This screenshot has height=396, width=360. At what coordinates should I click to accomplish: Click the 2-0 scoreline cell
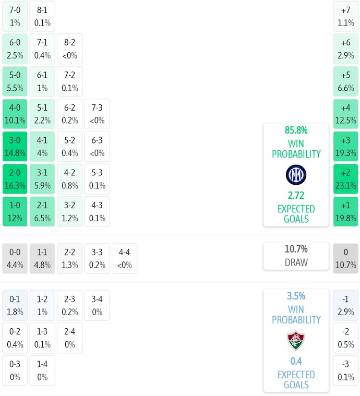(15, 179)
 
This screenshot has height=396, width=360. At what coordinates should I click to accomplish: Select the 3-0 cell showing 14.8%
(15, 147)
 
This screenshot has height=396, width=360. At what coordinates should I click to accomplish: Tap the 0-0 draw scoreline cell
(15, 258)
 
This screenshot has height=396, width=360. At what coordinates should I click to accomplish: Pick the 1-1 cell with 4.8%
(42, 258)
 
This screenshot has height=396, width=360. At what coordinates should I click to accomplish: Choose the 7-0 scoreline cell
(15, 16)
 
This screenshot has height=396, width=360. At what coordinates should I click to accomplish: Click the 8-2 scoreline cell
(69, 49)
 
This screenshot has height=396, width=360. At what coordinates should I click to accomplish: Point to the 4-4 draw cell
(124, 258)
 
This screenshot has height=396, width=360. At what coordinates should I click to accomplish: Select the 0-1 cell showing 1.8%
(15, 305)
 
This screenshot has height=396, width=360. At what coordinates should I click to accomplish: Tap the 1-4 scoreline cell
(42, 370)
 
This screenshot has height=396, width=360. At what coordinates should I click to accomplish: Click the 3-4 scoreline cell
(97, 305)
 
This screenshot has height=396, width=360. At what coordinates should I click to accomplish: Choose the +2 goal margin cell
(345, 179)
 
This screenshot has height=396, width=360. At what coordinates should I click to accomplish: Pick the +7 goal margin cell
(345, 16)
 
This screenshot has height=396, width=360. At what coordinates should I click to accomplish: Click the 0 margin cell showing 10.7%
(345, 258)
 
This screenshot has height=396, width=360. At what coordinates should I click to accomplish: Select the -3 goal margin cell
(345, 370)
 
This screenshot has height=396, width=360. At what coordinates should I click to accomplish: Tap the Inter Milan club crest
(296, 175)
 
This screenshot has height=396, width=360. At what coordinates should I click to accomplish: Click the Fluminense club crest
(296, 341)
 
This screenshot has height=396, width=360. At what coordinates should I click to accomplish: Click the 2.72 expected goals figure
(296, 196)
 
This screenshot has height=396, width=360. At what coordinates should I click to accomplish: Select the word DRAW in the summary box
(296, 262)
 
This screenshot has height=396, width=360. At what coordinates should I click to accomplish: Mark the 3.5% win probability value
(296, 296)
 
